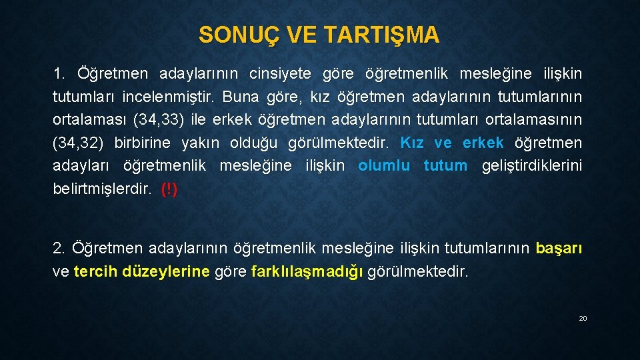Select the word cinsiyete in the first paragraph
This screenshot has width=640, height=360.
tap(281, 72)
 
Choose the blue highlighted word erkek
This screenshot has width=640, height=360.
tap(483, 143)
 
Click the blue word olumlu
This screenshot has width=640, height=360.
tap(384, 166)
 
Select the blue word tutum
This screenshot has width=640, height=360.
tap(445, 166)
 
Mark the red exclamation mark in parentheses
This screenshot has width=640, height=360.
tap(169, 189)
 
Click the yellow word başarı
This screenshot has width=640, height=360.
tap(559, 249)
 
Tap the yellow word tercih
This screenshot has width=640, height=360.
tap(96, 272)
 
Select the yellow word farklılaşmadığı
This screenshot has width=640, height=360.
tap(307, 272)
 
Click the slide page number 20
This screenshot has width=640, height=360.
tap(583, 319)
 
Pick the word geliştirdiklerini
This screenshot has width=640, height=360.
tap(531, 166)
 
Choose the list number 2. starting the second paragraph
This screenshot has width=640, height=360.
tap(59, 249)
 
